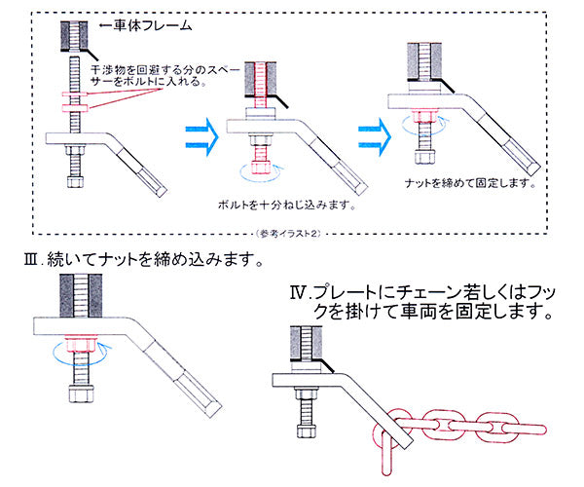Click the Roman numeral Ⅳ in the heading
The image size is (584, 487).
(x=300, y=292)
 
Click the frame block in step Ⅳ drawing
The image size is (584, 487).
(x=303, y=345)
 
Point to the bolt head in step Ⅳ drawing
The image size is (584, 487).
(x=303, y=429)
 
